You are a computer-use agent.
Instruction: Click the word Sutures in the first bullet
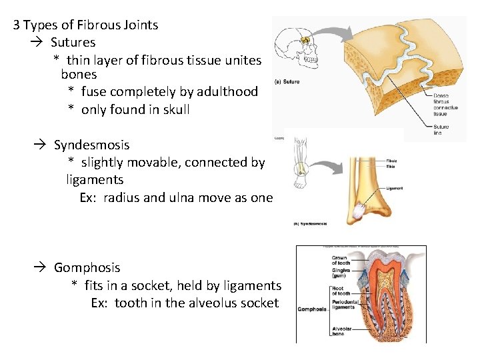[x=73, y=43]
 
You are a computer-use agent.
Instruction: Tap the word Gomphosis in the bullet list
[x=87, y=267]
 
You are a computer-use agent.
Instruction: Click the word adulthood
[x=226, y=91]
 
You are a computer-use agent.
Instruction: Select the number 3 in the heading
[x=17, y=25]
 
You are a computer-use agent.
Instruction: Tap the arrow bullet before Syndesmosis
[x=41, y=145]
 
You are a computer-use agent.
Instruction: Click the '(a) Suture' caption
[x=287, y=82]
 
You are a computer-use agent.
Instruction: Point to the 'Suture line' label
[x=441, y=129]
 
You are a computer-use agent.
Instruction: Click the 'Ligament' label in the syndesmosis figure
[x=395, y=189]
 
